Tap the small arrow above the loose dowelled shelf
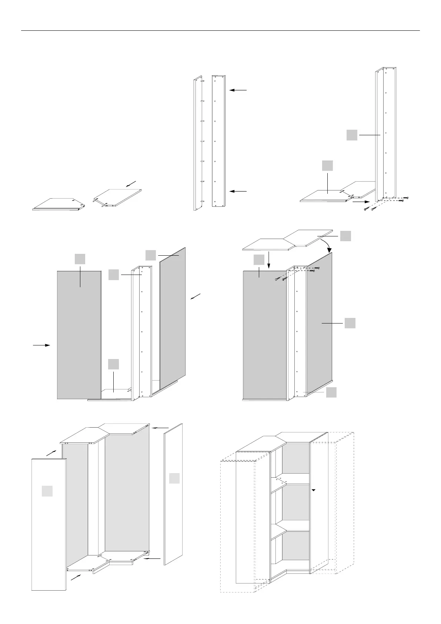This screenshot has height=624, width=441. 131,184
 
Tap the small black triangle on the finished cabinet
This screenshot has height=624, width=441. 313,490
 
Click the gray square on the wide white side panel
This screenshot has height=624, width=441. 47,491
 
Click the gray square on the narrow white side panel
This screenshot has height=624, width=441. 174,478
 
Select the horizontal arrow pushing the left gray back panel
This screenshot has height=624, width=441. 41,345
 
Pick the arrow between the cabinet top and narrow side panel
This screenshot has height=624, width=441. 160,428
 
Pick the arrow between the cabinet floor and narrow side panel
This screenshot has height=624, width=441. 152,558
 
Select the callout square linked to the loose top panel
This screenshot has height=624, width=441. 345,236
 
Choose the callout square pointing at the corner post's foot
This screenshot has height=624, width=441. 331,392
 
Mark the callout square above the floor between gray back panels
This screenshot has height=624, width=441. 114,364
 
